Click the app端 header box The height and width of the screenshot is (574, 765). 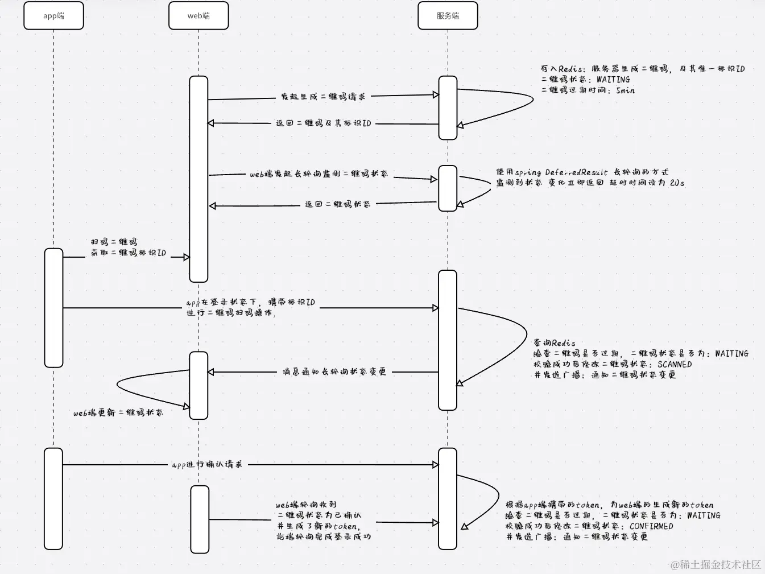pyautogui.click(x=53, y=15)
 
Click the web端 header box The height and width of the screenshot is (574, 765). pyautogui.click(x=199, y=15)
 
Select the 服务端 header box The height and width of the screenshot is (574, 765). pyautogui.click(x=448, y=15)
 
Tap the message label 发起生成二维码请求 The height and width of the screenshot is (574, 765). pyautogui.click(x=323, y=97)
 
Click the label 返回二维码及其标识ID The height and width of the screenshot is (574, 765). pyautogui.click(x=323, y=123)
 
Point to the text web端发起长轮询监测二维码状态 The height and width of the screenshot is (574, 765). pyautogui.click(x=319, y=174)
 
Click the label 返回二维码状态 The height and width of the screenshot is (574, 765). pyautogui.click(x=337, y=204)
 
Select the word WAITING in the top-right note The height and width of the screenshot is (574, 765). pyautogui.click(x=613, y=80)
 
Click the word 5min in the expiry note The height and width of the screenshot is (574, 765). pyautogui.click(x=625, y=90)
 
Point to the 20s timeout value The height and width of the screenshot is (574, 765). pyautogui.click(x=677, y=183)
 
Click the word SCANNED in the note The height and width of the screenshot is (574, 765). pyautogui.click(x=675, y=364)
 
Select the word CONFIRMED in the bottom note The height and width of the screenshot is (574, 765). pyautogui.click(x=651, y=526)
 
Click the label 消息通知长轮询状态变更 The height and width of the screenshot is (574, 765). pyautogui.click(x=334, y=371)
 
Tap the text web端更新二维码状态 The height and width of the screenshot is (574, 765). pyautogui.click(x=118, y=412)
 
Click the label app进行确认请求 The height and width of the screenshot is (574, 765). pyautogui.click(x=207, y=464)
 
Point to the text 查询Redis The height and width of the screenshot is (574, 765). pyautogui.click(x=554, y=343)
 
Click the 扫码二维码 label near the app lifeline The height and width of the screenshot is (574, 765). pyautogui.click(x=114, y=242)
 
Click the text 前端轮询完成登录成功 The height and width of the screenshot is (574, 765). pyautogui.click(x=323, y=536)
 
